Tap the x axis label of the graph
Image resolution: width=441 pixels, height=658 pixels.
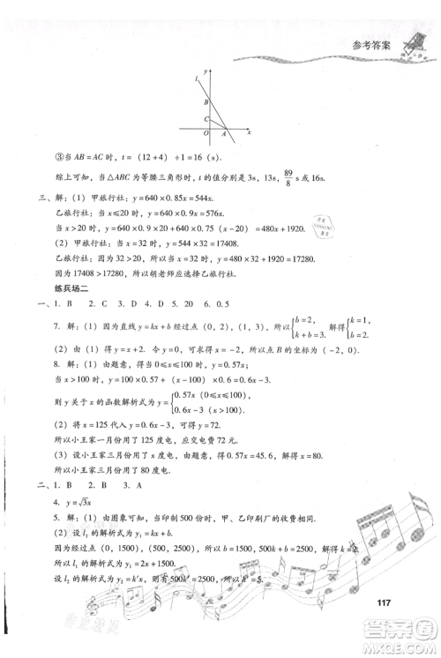tap(250, 132)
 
